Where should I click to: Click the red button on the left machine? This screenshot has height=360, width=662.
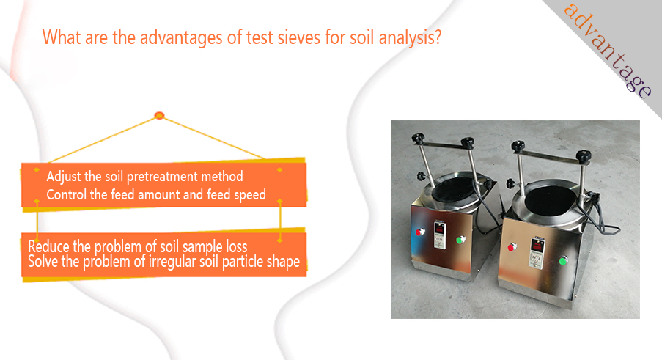coord(419,232)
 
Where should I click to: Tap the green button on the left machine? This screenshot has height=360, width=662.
coord(460,240)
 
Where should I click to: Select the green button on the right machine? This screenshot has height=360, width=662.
coord(563,261)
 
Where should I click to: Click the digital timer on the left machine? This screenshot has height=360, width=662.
coord(440,235)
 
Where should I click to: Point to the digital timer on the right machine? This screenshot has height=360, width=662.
coord(537,252)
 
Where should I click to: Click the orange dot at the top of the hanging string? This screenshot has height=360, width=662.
coord(159,115)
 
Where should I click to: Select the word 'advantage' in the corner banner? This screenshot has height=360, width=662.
coord(608,50)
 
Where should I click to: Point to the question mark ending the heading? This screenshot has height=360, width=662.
coord(437,37)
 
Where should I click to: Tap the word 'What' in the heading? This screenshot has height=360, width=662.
coord(62,37)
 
